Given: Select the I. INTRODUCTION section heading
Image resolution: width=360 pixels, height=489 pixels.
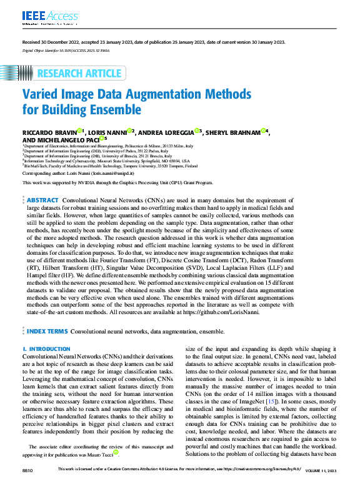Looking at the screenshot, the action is click(x=46, y=349).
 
